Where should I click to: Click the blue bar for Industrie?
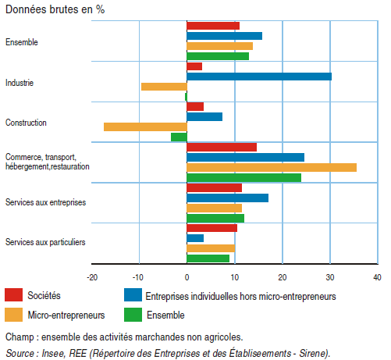[259, 77]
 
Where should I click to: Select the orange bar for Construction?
[145, 127]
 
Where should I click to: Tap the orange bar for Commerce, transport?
[272, 168]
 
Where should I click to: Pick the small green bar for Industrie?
[186, 97]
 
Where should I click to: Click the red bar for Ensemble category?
[213, 26]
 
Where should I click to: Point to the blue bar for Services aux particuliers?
[195, 238]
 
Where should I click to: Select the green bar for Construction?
[179, 137]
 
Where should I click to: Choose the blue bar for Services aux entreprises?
[228, 198]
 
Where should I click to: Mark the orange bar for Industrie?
[164, 87]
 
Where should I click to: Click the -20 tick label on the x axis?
[92, 277]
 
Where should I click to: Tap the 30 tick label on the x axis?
[330, 277]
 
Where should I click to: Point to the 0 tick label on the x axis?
[187, 277]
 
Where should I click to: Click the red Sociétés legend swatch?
[13, 295]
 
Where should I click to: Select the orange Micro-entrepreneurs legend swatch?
[13, 315]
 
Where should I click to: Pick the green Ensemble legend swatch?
[133, 315]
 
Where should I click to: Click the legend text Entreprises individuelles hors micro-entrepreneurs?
[240, 297]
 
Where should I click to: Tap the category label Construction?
[26, 123]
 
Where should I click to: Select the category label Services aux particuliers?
[45, 242]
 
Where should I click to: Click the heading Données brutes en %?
[55, 9]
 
